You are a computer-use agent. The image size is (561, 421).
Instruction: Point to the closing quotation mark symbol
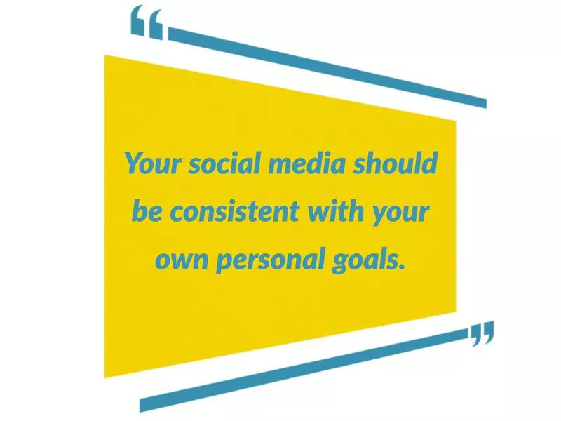click(x=482, y=333)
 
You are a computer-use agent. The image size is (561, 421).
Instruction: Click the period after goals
click(x=403, y=267)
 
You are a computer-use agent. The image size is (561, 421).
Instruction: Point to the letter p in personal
click(x=222, y=264)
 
